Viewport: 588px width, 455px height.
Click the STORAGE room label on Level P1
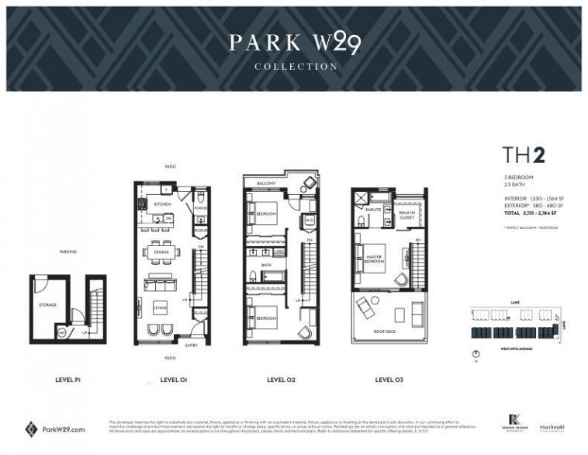pos(47,304)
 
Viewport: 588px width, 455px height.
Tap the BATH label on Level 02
pos(265,265)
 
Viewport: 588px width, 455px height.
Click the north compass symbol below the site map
pos(476,354)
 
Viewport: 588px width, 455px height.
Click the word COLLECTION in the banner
pos(296,67)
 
